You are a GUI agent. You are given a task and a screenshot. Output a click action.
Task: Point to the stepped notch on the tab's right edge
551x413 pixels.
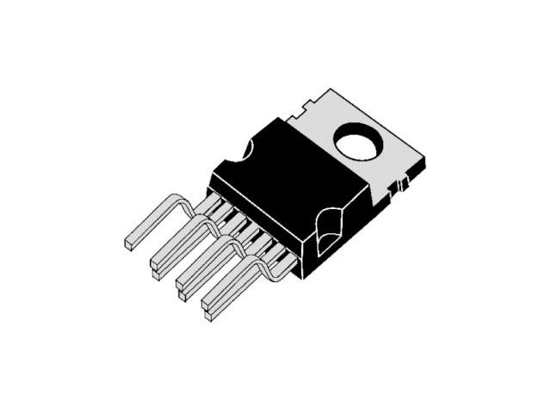401,182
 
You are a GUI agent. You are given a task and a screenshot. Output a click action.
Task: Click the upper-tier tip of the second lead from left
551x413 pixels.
156,261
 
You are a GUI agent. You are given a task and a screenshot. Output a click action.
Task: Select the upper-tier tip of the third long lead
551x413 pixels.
181,281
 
